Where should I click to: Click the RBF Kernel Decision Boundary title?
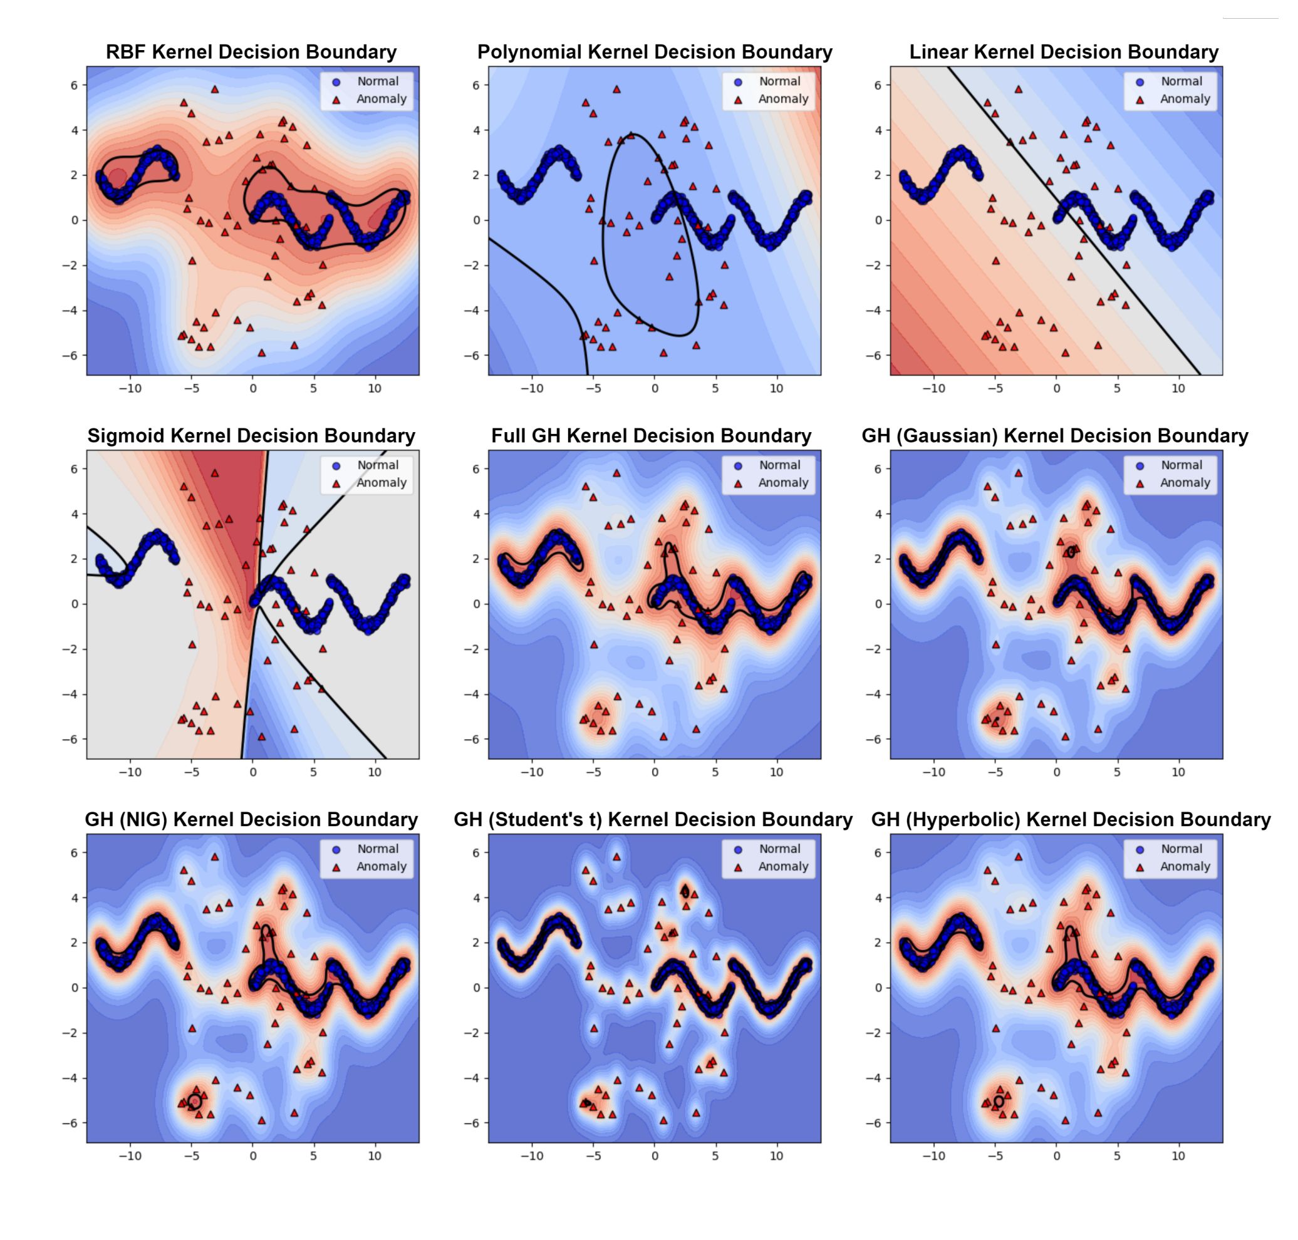pos(251,52)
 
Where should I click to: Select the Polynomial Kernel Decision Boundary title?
pos(654,52)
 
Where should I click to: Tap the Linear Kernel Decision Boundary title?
pos(1063,52)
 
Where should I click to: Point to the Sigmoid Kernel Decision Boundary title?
pos(251,437)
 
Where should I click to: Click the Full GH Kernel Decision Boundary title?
pos(651,437)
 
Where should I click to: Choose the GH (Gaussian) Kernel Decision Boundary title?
pos(1055,437)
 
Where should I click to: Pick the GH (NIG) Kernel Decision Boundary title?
pos(251,820)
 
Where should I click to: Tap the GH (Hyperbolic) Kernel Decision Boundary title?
pos(1071,820)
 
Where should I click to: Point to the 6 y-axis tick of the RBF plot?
pos(75,85)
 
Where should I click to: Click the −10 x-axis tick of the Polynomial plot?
pos(532,389)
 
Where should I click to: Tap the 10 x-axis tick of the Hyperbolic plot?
pos(1178,1156)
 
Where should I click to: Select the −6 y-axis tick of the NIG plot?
pos(70,1123)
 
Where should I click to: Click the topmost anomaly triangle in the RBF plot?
pos(214,89)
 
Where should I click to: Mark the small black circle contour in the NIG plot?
pos(195,1102)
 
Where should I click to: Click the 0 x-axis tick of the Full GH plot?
pos(655,772)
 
